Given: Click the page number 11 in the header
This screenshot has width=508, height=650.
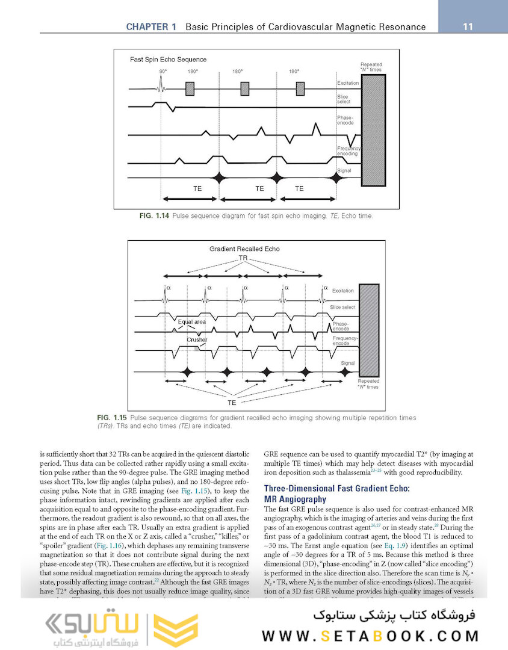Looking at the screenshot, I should [x=467, y=27].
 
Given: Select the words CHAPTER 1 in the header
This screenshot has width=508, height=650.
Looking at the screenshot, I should [x=151, y=27].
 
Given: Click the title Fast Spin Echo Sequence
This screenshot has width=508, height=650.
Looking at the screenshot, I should [x=168, y=60].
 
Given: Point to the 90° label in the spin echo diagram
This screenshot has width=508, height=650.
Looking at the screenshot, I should [x=163, y=72].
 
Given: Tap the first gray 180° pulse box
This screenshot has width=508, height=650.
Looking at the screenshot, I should [x=190, y=88].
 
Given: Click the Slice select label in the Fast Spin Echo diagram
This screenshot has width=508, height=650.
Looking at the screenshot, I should [x=344, y=99].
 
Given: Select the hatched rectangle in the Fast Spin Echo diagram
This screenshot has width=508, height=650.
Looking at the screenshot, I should [x=373, y=129].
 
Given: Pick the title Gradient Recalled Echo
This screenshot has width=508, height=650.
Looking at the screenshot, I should [x=243, y=249].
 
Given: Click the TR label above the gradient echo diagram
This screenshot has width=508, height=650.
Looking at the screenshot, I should [x=243, y=258].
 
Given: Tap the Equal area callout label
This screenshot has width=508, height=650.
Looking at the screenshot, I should [x=192, y=321].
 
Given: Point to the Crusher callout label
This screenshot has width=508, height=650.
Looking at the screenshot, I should [x=196, y=339].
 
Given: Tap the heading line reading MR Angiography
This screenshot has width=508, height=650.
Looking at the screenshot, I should [x=296, y=499].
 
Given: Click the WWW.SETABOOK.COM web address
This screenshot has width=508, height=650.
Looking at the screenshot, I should [x=370, y=636].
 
